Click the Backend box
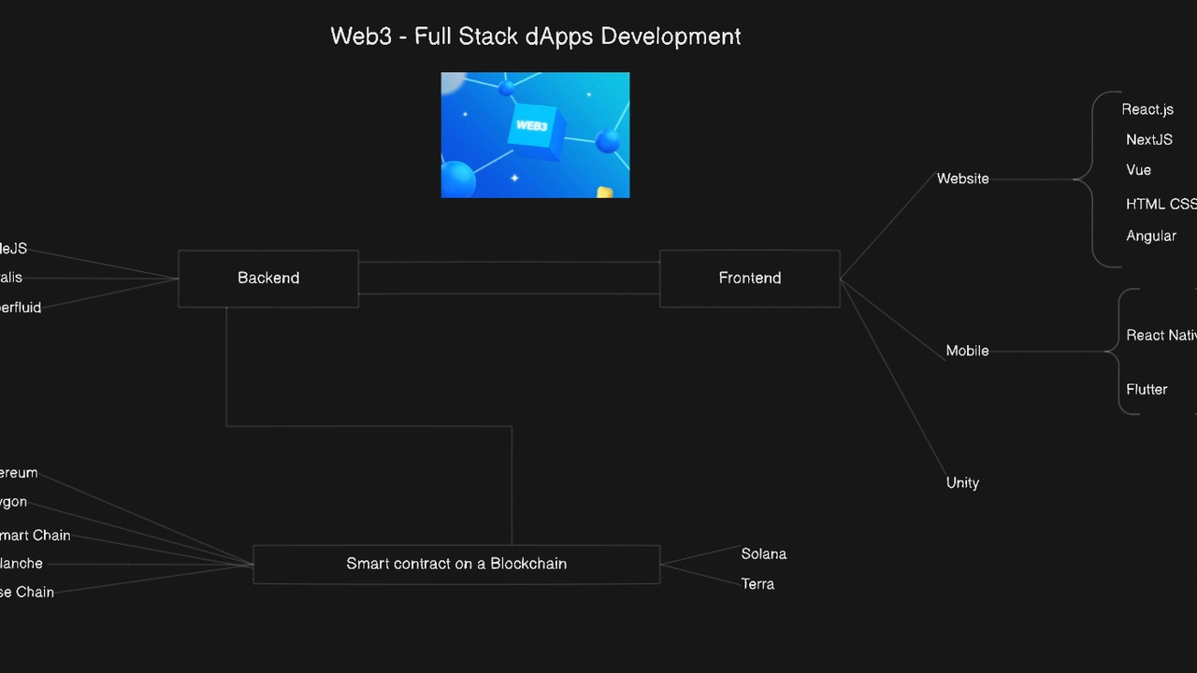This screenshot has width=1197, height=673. click(x=268, y=278)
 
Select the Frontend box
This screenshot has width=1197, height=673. click(x=749, y=278)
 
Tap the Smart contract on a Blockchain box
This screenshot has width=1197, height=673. click(x=456, y=564)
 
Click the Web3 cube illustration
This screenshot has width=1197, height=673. click(x=535, y=135)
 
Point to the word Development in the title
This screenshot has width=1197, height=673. click(x=671, y=36)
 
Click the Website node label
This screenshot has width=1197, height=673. click(x=962, y=179)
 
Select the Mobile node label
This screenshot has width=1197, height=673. click(x=967, y=351)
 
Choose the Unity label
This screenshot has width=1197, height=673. click(x=962, y=482)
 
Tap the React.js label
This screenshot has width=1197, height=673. click(x=1147, y=109)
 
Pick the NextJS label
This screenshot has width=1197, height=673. click(x=1148, y=139)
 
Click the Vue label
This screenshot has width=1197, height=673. click(x=1138, y=170)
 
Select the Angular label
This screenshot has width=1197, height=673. click(x=1150, y=236)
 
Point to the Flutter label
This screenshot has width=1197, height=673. click(x=1147, y=389)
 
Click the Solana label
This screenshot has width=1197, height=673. click(x=763, y=553)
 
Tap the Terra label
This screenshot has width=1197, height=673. click(x=757, y=583)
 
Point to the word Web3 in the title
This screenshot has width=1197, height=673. click(x=361, y=36)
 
